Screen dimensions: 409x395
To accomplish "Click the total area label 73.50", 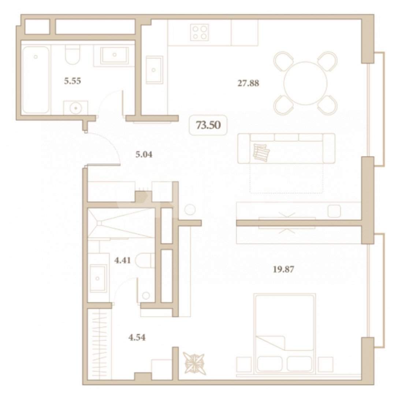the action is [x=208, y=125].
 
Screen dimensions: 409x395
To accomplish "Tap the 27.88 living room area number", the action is [x=248, y=83].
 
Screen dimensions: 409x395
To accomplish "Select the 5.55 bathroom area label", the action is [x=72, y=81].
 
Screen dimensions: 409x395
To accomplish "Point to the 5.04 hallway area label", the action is [x=144, y=155].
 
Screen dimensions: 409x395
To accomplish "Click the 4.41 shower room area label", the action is [x=122, y=260].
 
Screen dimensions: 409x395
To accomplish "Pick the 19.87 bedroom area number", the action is [x=283, y=269].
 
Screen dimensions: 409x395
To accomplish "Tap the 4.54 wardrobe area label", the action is [x=137, y=338].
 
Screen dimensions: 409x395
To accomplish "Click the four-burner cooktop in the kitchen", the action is [x=200, y=32].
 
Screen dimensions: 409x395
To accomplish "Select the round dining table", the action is [x=305, y=83].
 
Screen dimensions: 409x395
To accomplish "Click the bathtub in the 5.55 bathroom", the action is [x=36, y=79].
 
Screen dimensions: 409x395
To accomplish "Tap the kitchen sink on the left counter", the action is [x=154, y=70].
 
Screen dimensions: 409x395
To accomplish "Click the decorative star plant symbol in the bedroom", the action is [x=194, y=362].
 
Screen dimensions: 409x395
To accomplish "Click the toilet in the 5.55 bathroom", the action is [x=72, y=54].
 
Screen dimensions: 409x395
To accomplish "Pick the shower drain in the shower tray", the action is [x=99, y=223].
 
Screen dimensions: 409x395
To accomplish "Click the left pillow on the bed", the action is [x=269, y=364].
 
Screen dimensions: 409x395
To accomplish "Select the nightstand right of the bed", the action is [x=326, y=365].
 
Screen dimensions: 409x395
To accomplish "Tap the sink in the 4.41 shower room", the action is [x=98, y=278].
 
